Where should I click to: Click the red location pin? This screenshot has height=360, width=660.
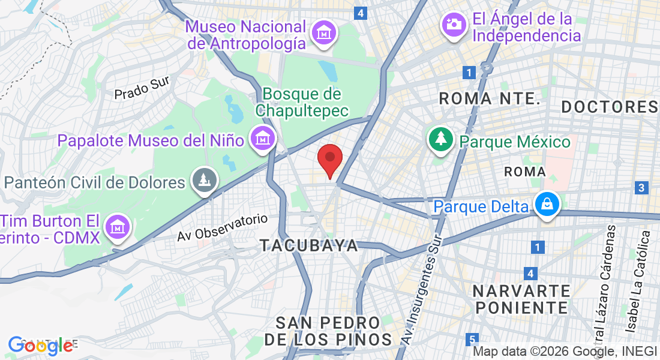click(x=329, y=160)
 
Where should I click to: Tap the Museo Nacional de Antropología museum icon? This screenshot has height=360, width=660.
click(x=325, y=32)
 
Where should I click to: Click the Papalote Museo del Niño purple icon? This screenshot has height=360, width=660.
click(x=262, y=139)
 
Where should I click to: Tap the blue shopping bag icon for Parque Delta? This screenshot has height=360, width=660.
click(x=547, y=204)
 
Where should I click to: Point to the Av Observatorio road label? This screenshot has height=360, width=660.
click(x=222, y=228)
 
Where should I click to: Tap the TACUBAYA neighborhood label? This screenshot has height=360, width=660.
click(x=309, y=245)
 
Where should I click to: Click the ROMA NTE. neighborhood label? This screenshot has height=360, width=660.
click(x=490, y=99)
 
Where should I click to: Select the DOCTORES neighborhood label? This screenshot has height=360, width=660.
click(x=610, y=107)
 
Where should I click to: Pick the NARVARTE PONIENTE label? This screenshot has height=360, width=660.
click(x=520, y=299)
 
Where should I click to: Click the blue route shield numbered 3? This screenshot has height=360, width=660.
click(x=641, y=188)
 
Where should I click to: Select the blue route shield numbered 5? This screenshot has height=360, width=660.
click(x=473, y=339)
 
